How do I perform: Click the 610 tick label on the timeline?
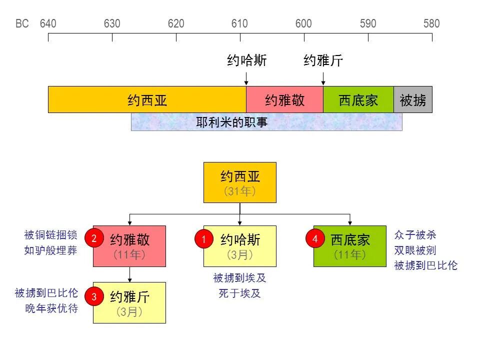pyautogui.click(x=240, y=23)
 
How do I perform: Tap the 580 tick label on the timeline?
pyautogui.click(x=431, y=23)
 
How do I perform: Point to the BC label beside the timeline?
pyautogui.click(x=22, y=23)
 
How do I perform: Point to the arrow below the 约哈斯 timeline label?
pyautogui.click(x=246, y=78)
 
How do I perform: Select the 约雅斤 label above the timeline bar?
pyautogui.click(x=323, y=61)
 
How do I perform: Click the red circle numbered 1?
pyautogui.click(x=204, y=239)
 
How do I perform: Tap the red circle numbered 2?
pyautogui.click(x=94, y=238)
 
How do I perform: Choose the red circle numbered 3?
pyautogui.click(x=94, y=297)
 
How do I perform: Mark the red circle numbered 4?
pyautogui.click(x=315, y=239)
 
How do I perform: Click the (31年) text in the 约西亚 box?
pyautogui.click(x=240, y=191)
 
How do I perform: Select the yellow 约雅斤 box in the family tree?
pyautogui.click(x=129, y=302)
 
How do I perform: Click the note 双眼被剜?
pyautogui.click(x=415, y=250)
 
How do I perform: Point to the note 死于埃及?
pyautogui.click(x=239, y=293)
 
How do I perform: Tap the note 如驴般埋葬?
pyautogui.click(x=50, y=250)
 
